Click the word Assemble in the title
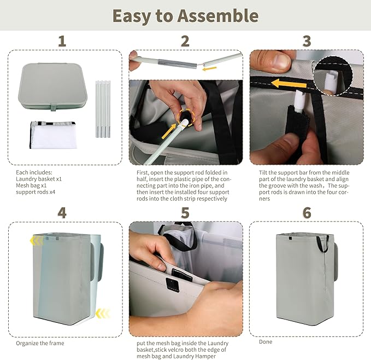click(x=218, y=16)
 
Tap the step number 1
click(x=62, y=41)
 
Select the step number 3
click(x=307, y=41)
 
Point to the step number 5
click(x=185, y=213)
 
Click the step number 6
click(x=307, y=213)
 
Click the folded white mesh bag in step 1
click(x=54, y=135)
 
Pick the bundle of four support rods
click(x=103, y=109)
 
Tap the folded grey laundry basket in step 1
click(x=52, y=86)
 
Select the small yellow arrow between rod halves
click(x=209, y=69)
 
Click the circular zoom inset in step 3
click(x=333, y=76)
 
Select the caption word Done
click(x=266, y=342)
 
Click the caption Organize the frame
click(x=40, y=343)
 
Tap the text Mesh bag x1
click(x=31, y=185)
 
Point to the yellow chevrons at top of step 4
click(x=37, y=241)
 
